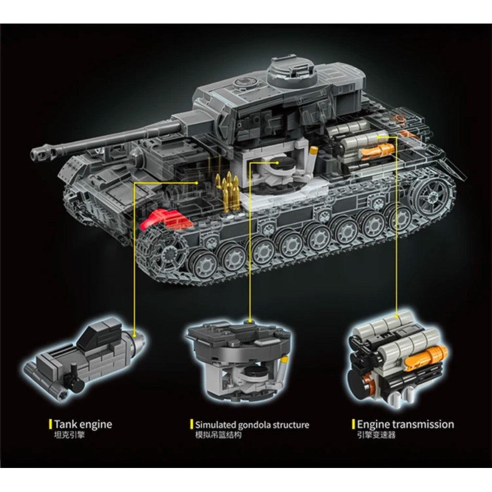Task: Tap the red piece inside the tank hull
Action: pyautogui.click(x=166, y=219)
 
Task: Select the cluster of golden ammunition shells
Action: pyautogui.click(x=228, y=190)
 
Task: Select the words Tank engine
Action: pyautogui.click(x=83, y=424)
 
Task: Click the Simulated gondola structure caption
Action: pyautogui.click(x=252, y=425)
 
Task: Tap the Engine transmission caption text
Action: pyautogui.click(x=405, y=424)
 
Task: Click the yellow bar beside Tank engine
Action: pyautogui.click(x=50, y=424)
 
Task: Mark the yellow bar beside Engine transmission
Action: pyautogui.click(x=353, y=424)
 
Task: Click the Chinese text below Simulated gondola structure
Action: pyautogui.click(x=219, y=435)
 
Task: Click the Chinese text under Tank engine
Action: pyautogui.click(x=69, y=435)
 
